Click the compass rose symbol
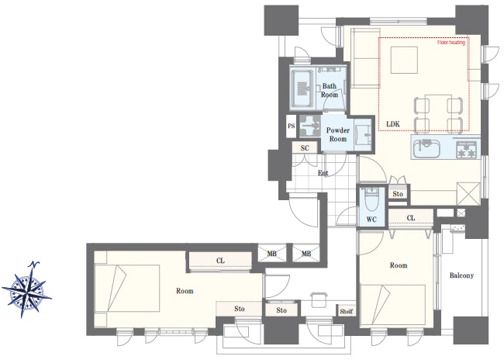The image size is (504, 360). click(26, 289)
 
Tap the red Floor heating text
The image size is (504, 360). click(451, 43)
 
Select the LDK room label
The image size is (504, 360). click(393, 124)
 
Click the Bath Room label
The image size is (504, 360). click(330, 91)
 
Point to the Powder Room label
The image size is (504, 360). click(338, 134)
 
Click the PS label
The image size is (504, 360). click(292, 126)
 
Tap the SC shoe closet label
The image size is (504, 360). click(305, 148)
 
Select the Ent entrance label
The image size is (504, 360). click(323, 173)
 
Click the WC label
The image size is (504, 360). click(371, 220)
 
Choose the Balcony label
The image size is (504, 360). click(461, 275)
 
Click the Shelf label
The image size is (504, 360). click(346, 311)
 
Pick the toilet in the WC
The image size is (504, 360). click(372, 200)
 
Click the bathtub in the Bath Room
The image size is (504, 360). click(302, 88)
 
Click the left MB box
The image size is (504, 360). click(272, 254)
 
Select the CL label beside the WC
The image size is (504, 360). click(411, 218)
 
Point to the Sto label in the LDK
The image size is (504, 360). click(398, 194)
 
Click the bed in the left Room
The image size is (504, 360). click(127, 289)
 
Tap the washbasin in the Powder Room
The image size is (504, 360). click(363, 134)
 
